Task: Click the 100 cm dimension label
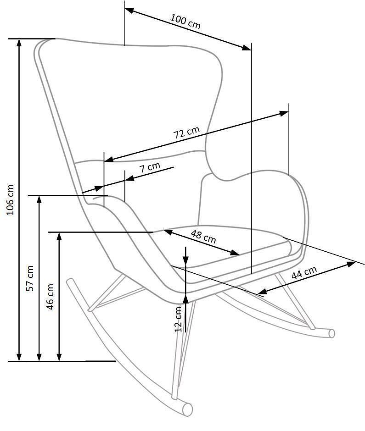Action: [x=185, y=22]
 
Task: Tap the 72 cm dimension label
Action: [x=186, y=133]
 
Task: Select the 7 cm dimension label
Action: [x=150, y=167]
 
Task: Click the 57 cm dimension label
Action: [x=30, y=278]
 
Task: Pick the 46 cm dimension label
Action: [x=50, y=297]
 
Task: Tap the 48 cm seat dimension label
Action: [x=203, y=237]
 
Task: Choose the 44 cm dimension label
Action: [x=304, y=273]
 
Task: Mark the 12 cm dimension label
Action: [x=179, y=319]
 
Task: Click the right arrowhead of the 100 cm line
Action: [x=247, y=48]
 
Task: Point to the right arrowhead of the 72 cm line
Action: [x=284, y=113]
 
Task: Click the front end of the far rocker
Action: [x=332, y=333]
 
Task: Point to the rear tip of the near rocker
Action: [x=70, y=282]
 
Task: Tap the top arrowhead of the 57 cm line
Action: [x=39, y=199]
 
